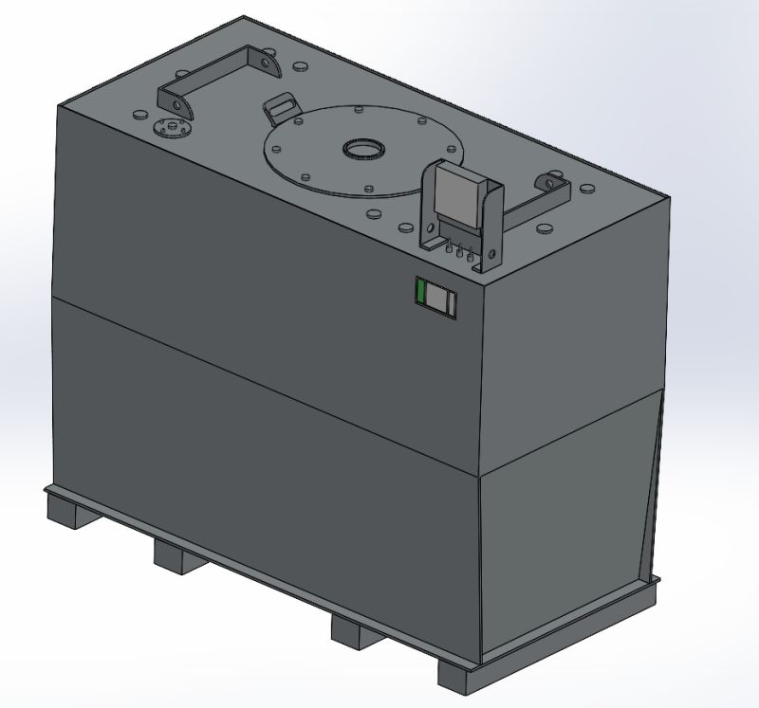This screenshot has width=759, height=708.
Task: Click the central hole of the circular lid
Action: point(363,149)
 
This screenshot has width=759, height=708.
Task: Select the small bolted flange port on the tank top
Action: point(172,127)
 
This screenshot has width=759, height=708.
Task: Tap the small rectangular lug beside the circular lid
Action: point(280,106)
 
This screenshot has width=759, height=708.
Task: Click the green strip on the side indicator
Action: point(421,294)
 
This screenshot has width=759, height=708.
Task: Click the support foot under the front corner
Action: point(463,676)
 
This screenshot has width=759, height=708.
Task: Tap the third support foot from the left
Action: point(355,629)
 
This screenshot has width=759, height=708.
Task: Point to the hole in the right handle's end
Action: point(549,180)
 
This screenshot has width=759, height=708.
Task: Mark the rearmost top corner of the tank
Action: point(245,16)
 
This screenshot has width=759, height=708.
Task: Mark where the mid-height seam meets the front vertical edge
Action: point(482,474)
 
